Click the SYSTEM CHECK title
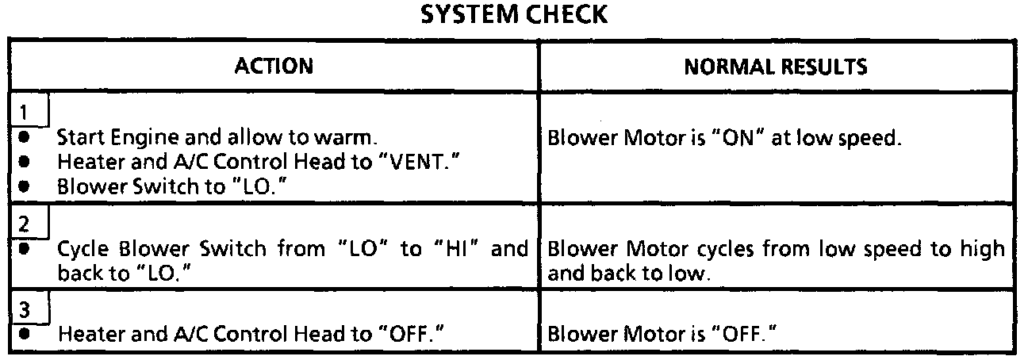pyautogui.click(x=513, y=15)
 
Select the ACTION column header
pyautogui.click(x=274, y=67)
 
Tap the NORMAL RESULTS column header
pyautogui.click(x=775, y=67)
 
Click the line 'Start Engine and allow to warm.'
pyautogui.click(x=216, y=138)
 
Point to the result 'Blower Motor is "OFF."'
pyautogui.click(x=661, y=335)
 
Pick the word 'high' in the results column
pyautogui.click(x=983, y=249)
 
